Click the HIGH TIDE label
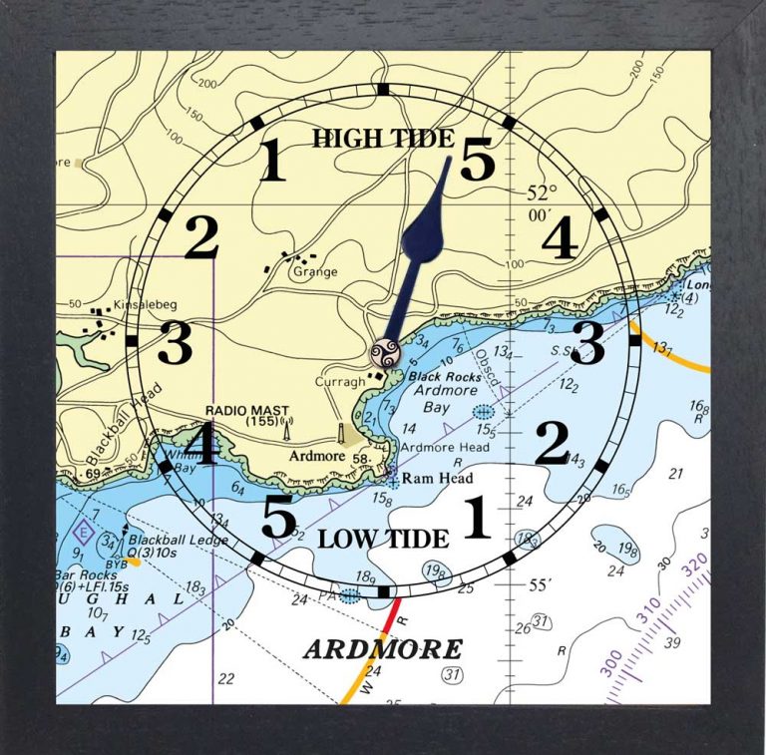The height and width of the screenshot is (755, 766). click(x=383, y=139)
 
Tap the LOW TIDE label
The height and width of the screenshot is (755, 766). click(x=383, y=539)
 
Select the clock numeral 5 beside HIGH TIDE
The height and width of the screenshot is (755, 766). click(x=477, y=160)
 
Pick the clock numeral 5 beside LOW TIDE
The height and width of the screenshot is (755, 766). click(x=278, y=517)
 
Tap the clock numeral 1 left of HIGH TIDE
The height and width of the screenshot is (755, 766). click(x=271, y=162)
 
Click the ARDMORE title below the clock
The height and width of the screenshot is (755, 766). click(x=383, y=649)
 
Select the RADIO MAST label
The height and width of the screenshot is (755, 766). click(x=238, y=411)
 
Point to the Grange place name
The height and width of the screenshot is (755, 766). click(x=315, y=271)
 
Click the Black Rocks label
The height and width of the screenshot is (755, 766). click(x=439, y=377)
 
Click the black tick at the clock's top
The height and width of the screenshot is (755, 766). click(x=384, y=90)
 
